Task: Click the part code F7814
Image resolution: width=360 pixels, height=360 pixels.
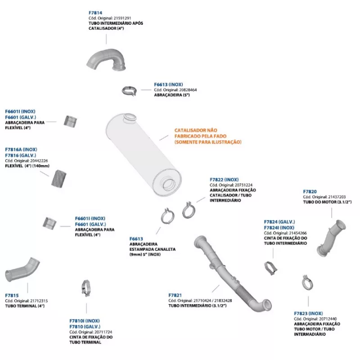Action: pos(95,13)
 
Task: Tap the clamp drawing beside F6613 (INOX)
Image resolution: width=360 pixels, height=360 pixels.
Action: pos(129,91)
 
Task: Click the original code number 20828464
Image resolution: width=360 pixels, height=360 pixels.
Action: pos(188,90)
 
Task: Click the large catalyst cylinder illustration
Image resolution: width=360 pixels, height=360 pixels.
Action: pos(144,154)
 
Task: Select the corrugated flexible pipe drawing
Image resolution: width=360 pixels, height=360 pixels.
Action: pos(58,179)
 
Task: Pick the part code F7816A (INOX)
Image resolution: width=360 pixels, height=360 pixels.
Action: pos(21,149)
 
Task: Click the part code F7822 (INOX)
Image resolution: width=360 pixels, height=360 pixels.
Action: pos(224,180)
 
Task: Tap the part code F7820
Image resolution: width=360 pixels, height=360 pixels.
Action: pos(310,192)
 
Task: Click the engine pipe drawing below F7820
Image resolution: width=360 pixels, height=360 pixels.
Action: pos(331,238)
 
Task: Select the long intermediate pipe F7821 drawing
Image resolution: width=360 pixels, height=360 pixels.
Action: pos(232,273)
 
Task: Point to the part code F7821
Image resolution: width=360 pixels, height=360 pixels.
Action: pos(175,295)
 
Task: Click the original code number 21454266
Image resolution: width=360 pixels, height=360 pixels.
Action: pos(298,233)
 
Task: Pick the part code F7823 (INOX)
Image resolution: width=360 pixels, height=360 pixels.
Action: pos(308,313)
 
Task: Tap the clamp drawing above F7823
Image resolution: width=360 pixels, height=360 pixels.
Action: pos(307,283)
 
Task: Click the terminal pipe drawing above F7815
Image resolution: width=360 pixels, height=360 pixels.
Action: pos(22,270)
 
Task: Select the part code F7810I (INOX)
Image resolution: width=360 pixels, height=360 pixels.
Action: pos(85,321)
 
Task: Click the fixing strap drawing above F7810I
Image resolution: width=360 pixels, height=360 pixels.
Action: pos(86,288)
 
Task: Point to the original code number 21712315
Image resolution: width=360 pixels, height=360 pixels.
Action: pos(39,301)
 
